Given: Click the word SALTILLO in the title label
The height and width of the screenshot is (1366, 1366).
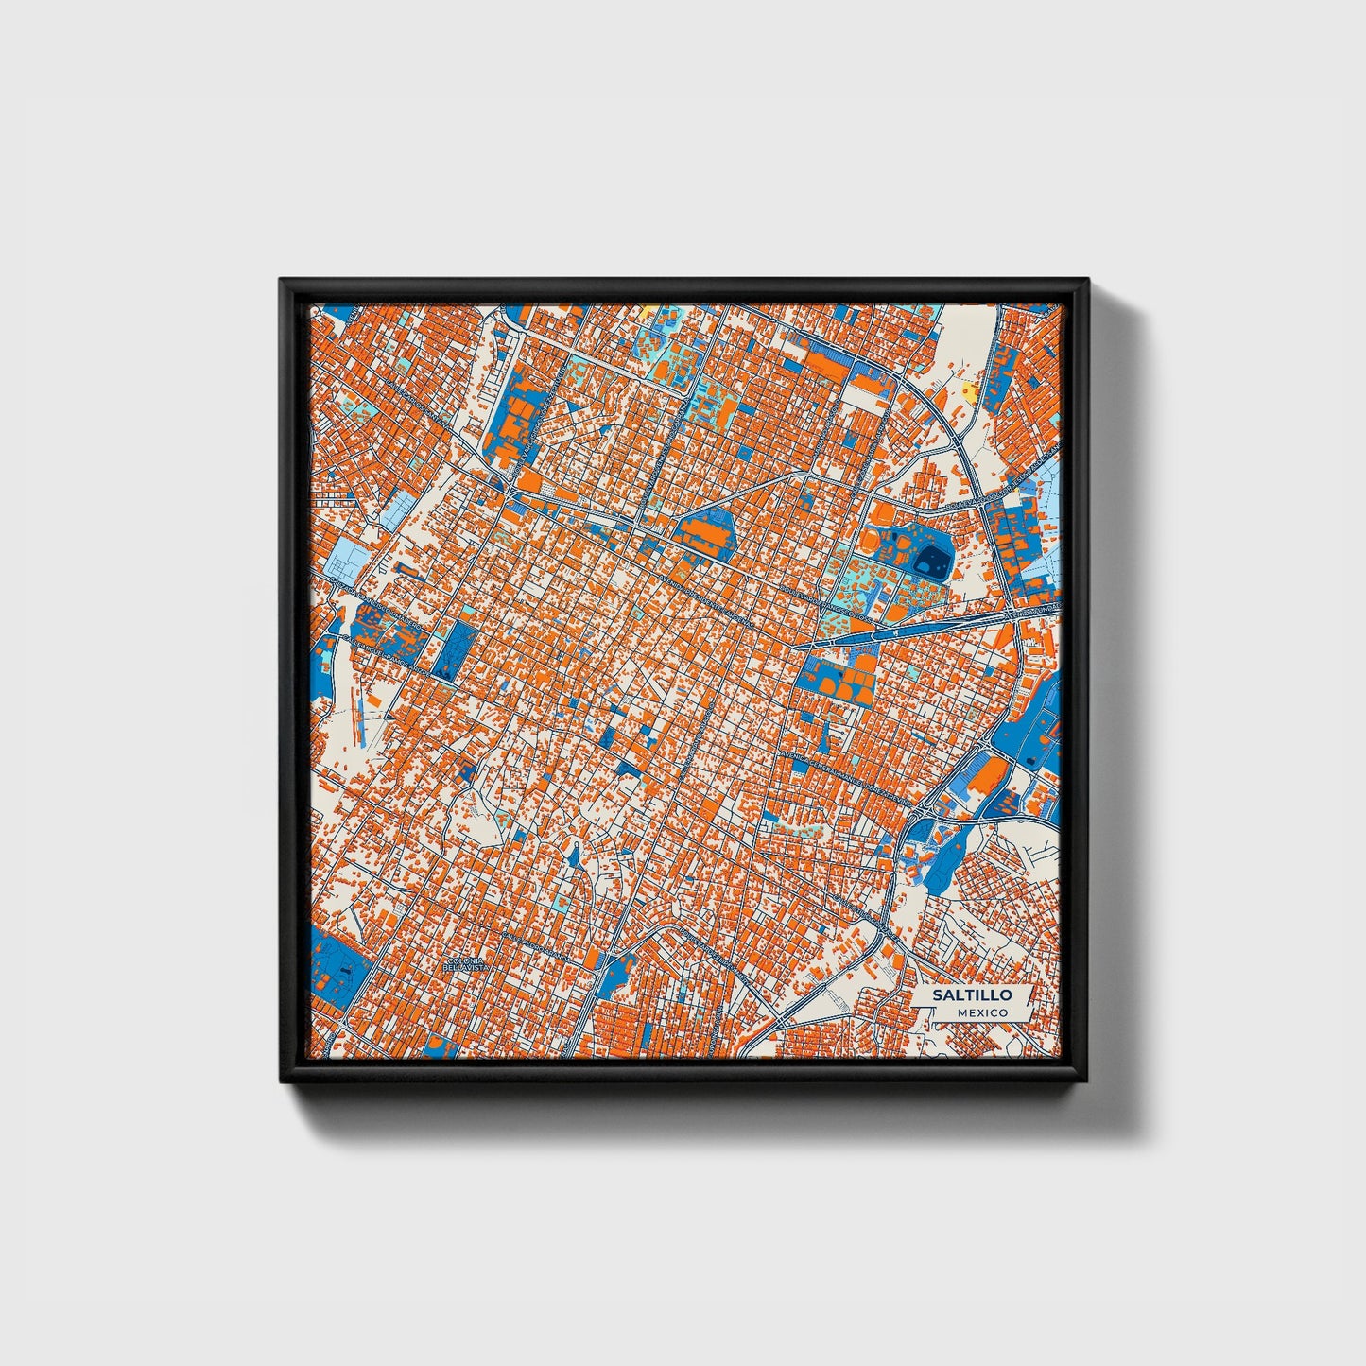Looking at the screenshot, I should pyautogui.click(x=972, y=994).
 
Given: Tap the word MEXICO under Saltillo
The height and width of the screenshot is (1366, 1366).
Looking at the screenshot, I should pyautogui.click(x=981, y=1012).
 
